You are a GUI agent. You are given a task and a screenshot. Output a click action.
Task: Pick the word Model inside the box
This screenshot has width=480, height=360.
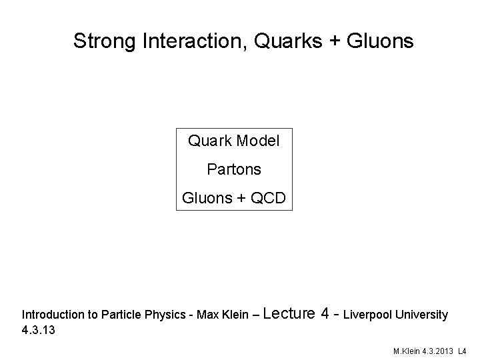(x=258, y=141)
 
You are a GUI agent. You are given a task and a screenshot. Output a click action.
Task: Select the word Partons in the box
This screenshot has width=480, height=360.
(x=234, y=170)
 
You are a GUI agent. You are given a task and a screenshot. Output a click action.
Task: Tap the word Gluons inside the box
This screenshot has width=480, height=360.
(x=204, y=198)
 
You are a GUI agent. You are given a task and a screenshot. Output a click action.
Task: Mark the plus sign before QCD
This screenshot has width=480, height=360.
(x=236, y=199)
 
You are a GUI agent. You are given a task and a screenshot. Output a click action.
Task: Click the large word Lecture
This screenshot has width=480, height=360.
(x=290, y=313)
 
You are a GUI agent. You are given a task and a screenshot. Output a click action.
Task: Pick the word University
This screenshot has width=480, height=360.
(x=422, y=314)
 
